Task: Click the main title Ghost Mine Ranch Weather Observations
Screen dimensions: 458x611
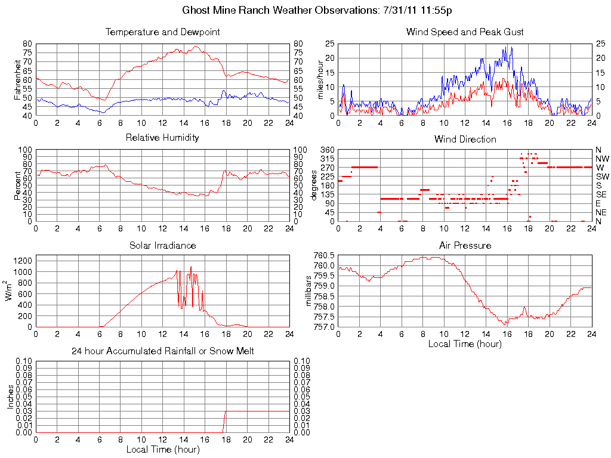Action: click(x=316, y=11)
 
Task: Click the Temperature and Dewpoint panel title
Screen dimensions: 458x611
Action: click(x=162, y=32)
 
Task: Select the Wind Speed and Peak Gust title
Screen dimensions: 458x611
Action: click(x=465, y=32)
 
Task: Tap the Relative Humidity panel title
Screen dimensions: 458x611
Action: click(x=162, y=138)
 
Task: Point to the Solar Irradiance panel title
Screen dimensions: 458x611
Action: click(x=162, y=246)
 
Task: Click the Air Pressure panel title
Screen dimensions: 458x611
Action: click(x=465, y=246)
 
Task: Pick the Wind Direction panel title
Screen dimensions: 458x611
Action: click(x=465, y=140)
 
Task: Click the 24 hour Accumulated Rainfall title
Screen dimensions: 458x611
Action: click(x=162, y=351)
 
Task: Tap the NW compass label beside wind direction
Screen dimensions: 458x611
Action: click(x=601, y=159)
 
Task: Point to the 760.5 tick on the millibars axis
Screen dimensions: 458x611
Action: click(x=324, y=255)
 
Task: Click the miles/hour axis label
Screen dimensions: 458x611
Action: click(x=321, y=79)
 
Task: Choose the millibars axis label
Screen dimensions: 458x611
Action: click(x=309, y=291)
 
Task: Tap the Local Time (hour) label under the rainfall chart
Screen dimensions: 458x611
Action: click(x=162, y=449)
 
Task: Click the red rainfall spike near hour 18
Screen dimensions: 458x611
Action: click(x=224, y=420)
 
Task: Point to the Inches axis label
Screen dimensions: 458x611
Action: click(x=11, y=396)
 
